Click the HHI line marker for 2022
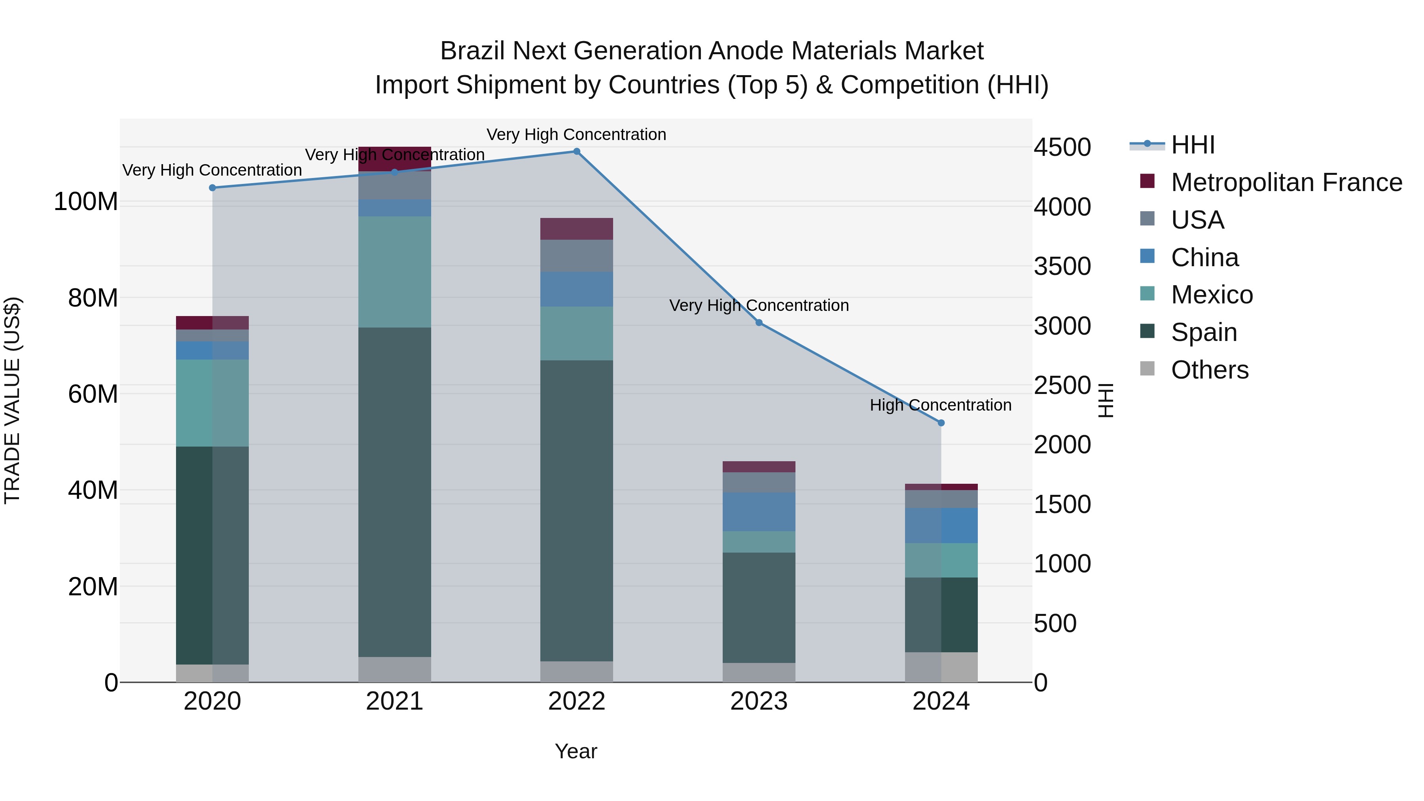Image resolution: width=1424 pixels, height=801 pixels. point(577,151)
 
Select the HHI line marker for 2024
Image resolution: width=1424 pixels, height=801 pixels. point(941,423)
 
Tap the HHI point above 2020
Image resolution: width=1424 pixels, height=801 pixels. point(212,188)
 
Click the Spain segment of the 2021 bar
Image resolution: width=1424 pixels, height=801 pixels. point(395,492)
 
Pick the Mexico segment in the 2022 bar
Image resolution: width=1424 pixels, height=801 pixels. point(577,333)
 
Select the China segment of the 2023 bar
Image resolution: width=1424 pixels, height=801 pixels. point(759,512)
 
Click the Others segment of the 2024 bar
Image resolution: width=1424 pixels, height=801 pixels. point(941,667)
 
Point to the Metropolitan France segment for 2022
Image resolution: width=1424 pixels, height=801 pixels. point(577,229)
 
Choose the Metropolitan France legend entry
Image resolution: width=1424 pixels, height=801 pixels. point(1286,182)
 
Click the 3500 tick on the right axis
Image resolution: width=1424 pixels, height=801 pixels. point(1062,267)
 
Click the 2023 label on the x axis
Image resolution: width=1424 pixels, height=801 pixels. point(759,701)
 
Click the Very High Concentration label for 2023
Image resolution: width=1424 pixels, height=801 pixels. point(759,306)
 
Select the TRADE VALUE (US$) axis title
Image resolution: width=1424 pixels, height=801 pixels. point(12,400)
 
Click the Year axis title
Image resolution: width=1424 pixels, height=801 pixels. point(576,751)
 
